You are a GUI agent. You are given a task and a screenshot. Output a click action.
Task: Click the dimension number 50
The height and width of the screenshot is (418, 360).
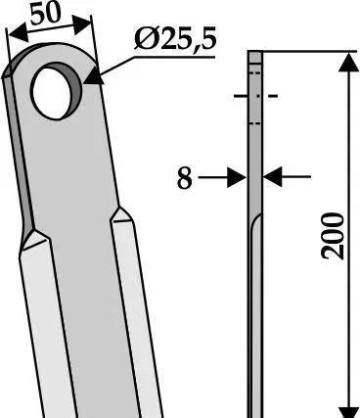[45, 15]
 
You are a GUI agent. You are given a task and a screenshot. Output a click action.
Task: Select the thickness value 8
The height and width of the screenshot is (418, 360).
[185, 178]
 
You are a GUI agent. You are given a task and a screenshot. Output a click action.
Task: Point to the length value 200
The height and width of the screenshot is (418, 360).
[333, 236]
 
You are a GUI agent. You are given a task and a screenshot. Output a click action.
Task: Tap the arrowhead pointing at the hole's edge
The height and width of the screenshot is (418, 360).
[94, 75]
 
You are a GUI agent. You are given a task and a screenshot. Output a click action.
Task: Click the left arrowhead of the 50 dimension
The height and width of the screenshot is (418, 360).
[18, 33]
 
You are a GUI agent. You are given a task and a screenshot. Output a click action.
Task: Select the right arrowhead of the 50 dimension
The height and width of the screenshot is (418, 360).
[81, 24]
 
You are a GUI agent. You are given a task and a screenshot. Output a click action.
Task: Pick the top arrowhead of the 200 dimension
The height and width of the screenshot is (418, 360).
[348, 62]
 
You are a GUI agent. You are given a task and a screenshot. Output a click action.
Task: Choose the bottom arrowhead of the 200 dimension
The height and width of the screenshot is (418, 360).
[348, 412]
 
